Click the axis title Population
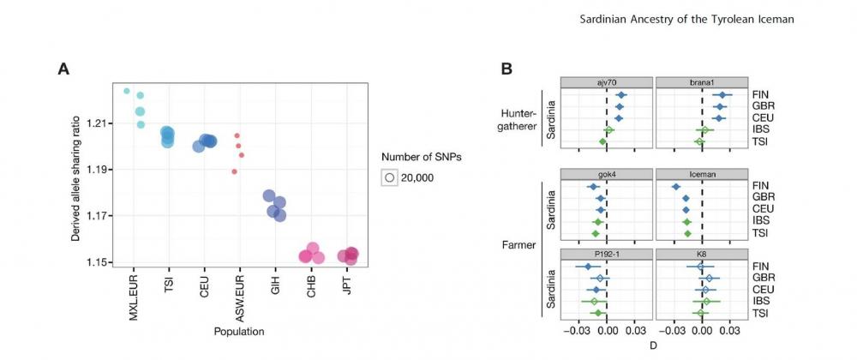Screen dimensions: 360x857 (239, 331)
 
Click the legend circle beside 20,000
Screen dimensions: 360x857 (390, 177)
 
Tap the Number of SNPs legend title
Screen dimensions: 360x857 (422, 156)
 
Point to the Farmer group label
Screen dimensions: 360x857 (519, 246)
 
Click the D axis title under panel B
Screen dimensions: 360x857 (653, 345)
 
